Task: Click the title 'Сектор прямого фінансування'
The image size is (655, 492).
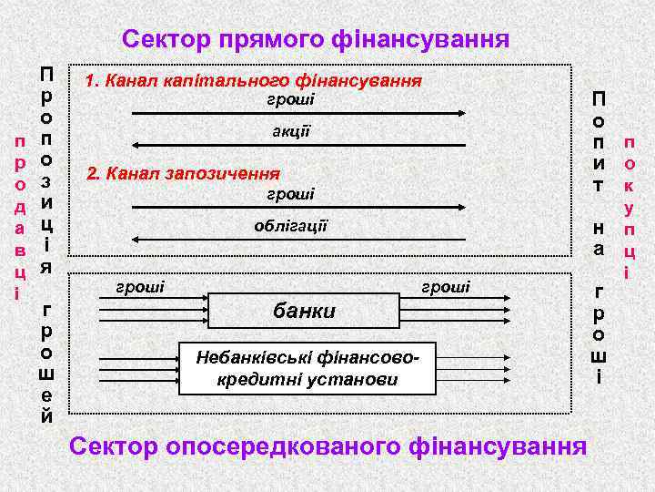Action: pyautogui.click(x=316, y=39)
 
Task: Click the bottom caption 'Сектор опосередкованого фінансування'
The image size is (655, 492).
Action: pyautogui.click(x=327, y=446)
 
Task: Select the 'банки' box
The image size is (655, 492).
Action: pyautogui.click(x=305, y=312)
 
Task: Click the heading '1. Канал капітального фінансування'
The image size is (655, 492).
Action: pyautogui.click(x=253, y=81)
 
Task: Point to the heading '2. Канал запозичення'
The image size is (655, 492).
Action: pyautogui.click(x=183, y=173)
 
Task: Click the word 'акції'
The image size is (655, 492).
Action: pyautogui.click(x=291, y=130)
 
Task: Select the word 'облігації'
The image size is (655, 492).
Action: pyautogui.click(x=291, y=225)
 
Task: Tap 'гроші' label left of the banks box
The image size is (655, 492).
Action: pyautogui.click(x=142, y=287)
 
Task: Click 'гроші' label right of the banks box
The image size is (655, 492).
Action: pyautogui.click(x=446, y=287)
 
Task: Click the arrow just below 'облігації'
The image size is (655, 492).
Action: pyautogui.click(x=300, y=240)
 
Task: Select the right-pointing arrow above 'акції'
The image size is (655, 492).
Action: pyautogui.click(x=300, y=114)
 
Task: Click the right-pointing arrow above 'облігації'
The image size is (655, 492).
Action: pyautogui.click(x=300, y=208)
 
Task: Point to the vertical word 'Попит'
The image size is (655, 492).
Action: pyautogui.click(x=599, y=141)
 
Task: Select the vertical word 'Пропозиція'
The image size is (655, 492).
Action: pyautogui.click(x=46, y=169)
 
